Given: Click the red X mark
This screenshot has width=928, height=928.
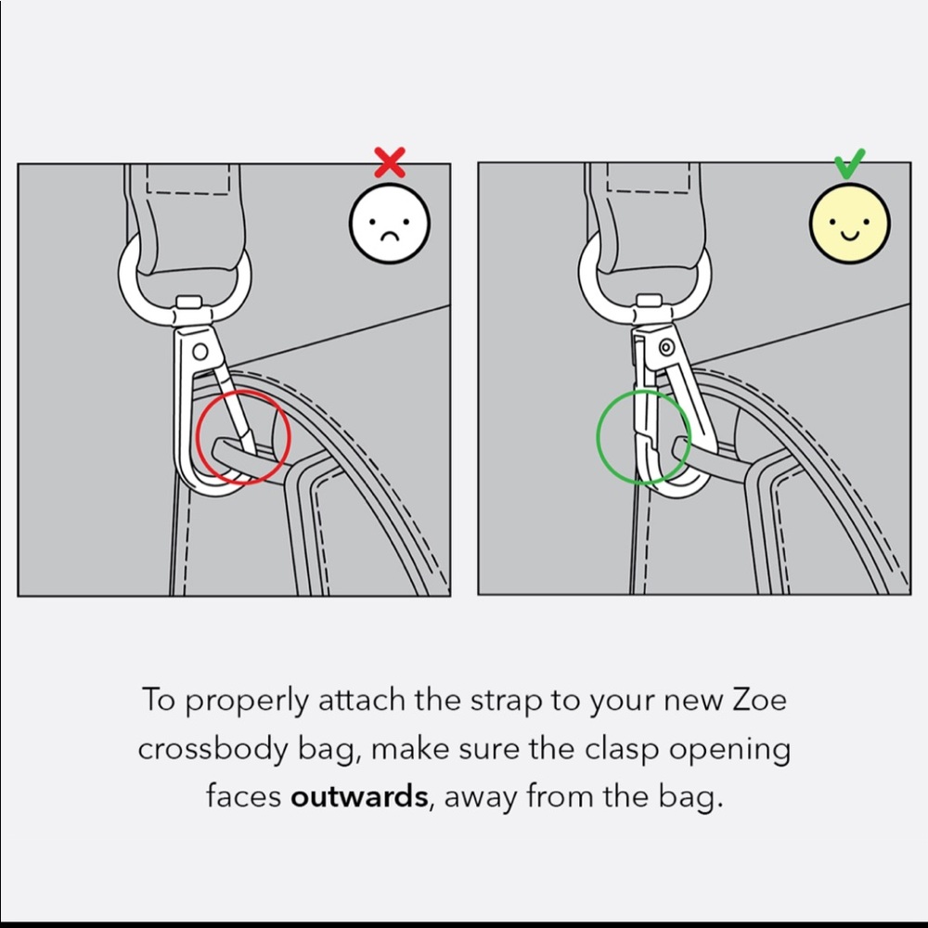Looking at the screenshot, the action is point(390,162).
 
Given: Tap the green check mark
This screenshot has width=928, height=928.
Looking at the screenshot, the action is point(849,164).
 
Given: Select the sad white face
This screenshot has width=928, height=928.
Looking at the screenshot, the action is point(390,223).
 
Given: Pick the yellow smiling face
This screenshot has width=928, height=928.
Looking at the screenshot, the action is point(849,223).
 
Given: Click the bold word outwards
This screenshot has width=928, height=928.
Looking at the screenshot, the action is point(359,796).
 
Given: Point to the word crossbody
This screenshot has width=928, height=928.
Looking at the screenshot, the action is point(213,749).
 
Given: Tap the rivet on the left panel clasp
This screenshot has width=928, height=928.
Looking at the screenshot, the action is point(200,352).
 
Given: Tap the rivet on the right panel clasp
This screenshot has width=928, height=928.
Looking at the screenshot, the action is point(666,347).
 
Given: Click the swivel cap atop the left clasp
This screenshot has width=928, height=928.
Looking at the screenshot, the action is point(189,302).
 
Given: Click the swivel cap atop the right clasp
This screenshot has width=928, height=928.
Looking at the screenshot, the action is point(650,301).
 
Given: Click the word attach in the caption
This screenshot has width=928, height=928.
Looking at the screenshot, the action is point(361,701).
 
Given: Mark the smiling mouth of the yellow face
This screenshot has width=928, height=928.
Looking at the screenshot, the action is point(849,236).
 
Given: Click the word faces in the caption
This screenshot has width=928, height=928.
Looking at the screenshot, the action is point(244,796).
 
